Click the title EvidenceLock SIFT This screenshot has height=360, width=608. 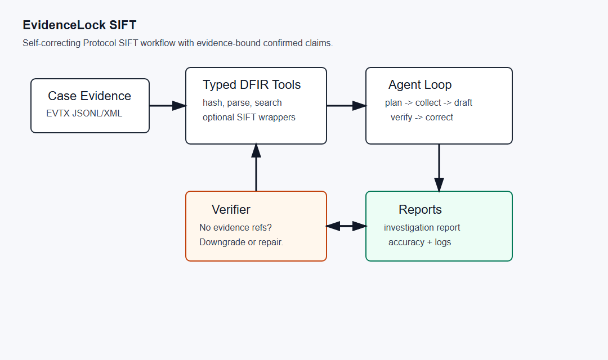[79, 25]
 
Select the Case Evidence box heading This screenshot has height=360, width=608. [90, 96]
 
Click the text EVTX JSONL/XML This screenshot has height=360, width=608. [84, 113]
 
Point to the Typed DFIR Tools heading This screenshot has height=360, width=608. [252, 85]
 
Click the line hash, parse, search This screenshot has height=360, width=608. [242, 103]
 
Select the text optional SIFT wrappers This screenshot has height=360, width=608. [249, 118]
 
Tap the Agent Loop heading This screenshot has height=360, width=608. [420, 84]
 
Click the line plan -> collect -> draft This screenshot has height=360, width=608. [428, 103]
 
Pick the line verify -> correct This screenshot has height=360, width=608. [422, 118]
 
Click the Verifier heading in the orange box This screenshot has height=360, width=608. [231, 209]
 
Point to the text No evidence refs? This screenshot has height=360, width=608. [235, 227]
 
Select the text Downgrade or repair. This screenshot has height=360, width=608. [241, 242]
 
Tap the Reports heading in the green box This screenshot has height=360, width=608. [421, 209]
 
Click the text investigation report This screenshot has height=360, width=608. [422, 227]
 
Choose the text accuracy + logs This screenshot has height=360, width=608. [420, 242]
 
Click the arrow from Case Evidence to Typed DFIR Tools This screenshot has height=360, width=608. [168, 105]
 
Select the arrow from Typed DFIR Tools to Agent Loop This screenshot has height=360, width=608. [347, 105]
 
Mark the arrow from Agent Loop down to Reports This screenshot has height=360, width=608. [439, 168]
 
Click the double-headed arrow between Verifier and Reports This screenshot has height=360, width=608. [346, 226]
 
